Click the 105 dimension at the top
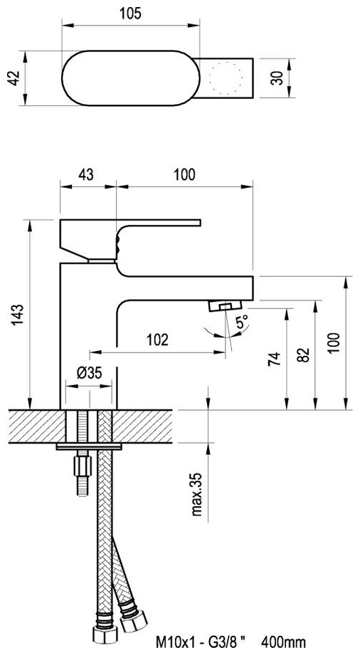pos(130,14)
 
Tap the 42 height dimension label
pos(15,78)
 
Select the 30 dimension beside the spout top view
pos(277,78)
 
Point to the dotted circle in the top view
pos(226,78)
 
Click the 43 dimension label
pos(86,174)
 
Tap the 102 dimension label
pos(157,340)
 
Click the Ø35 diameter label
pos(90,372)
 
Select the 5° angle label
pos(242,322)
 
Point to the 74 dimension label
pos(274,358)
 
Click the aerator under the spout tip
pos(225,305)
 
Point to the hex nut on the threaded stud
pos(83,466)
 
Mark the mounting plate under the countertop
pos(88,446)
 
